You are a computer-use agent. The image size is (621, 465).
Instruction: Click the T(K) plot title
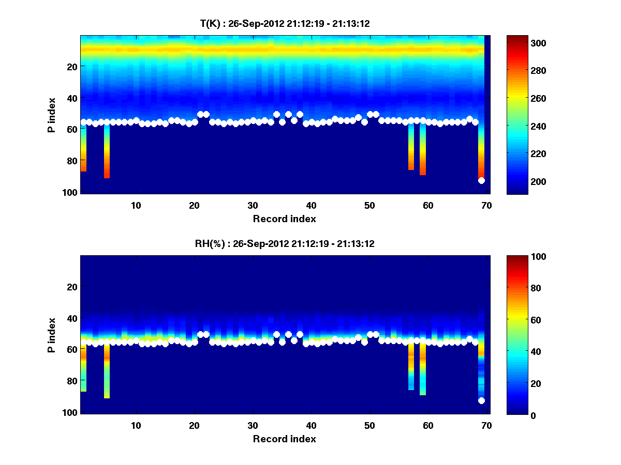285,23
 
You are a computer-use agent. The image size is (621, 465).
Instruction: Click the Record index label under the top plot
284,219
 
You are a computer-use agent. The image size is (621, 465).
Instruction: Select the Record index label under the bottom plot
284,439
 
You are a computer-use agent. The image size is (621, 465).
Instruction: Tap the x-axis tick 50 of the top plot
369,205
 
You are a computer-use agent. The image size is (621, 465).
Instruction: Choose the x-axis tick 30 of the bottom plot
253,425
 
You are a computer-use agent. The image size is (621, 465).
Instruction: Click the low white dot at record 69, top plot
481,180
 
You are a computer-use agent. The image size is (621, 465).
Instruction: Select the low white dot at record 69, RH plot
481,400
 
